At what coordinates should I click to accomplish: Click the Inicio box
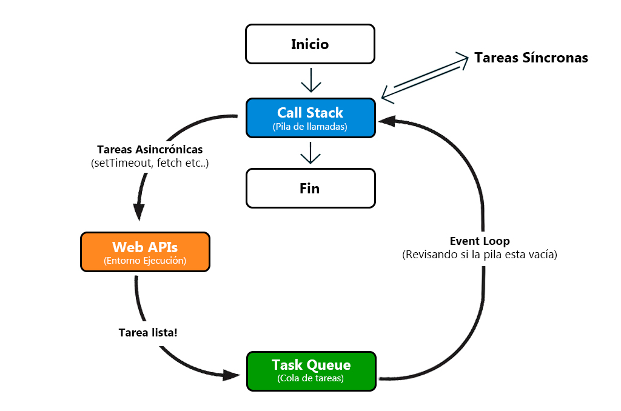(310, 44)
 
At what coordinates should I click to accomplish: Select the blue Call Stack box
(310, 118)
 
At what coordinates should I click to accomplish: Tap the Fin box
(310, 189)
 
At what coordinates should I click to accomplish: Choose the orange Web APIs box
(145, 251)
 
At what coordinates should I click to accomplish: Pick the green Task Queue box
(311, 370)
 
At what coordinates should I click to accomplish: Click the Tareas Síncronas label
(531, 58)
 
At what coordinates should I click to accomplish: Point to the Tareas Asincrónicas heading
(150, 149)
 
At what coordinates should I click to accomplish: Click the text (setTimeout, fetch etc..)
(150, 163)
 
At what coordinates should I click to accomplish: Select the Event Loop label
(480, 241)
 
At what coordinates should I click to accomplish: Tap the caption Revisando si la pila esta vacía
(480, 255)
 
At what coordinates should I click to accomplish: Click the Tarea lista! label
(148, 332)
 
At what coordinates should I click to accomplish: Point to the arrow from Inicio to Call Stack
(310, 80)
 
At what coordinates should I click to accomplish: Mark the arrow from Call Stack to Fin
(310, 153)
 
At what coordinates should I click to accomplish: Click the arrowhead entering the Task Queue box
(231, 375)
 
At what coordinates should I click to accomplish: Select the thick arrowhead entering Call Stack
(387, 121)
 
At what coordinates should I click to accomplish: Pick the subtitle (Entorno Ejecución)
(145, 261)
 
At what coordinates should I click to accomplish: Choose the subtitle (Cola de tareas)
(311, 379)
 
